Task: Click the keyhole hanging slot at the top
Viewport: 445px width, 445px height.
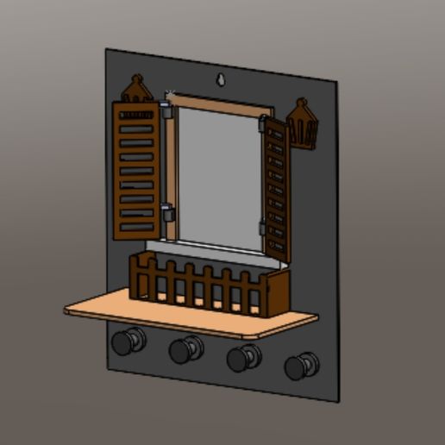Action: click(222, 80)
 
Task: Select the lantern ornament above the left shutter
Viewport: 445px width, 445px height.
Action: click(137, 88)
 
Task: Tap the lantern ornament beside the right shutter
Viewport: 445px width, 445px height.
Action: click(303, 124)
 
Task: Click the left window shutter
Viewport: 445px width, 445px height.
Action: click(135, 170)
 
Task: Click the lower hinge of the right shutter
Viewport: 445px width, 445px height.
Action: click(262, 228)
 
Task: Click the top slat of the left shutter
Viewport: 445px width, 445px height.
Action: click(135, 114)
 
